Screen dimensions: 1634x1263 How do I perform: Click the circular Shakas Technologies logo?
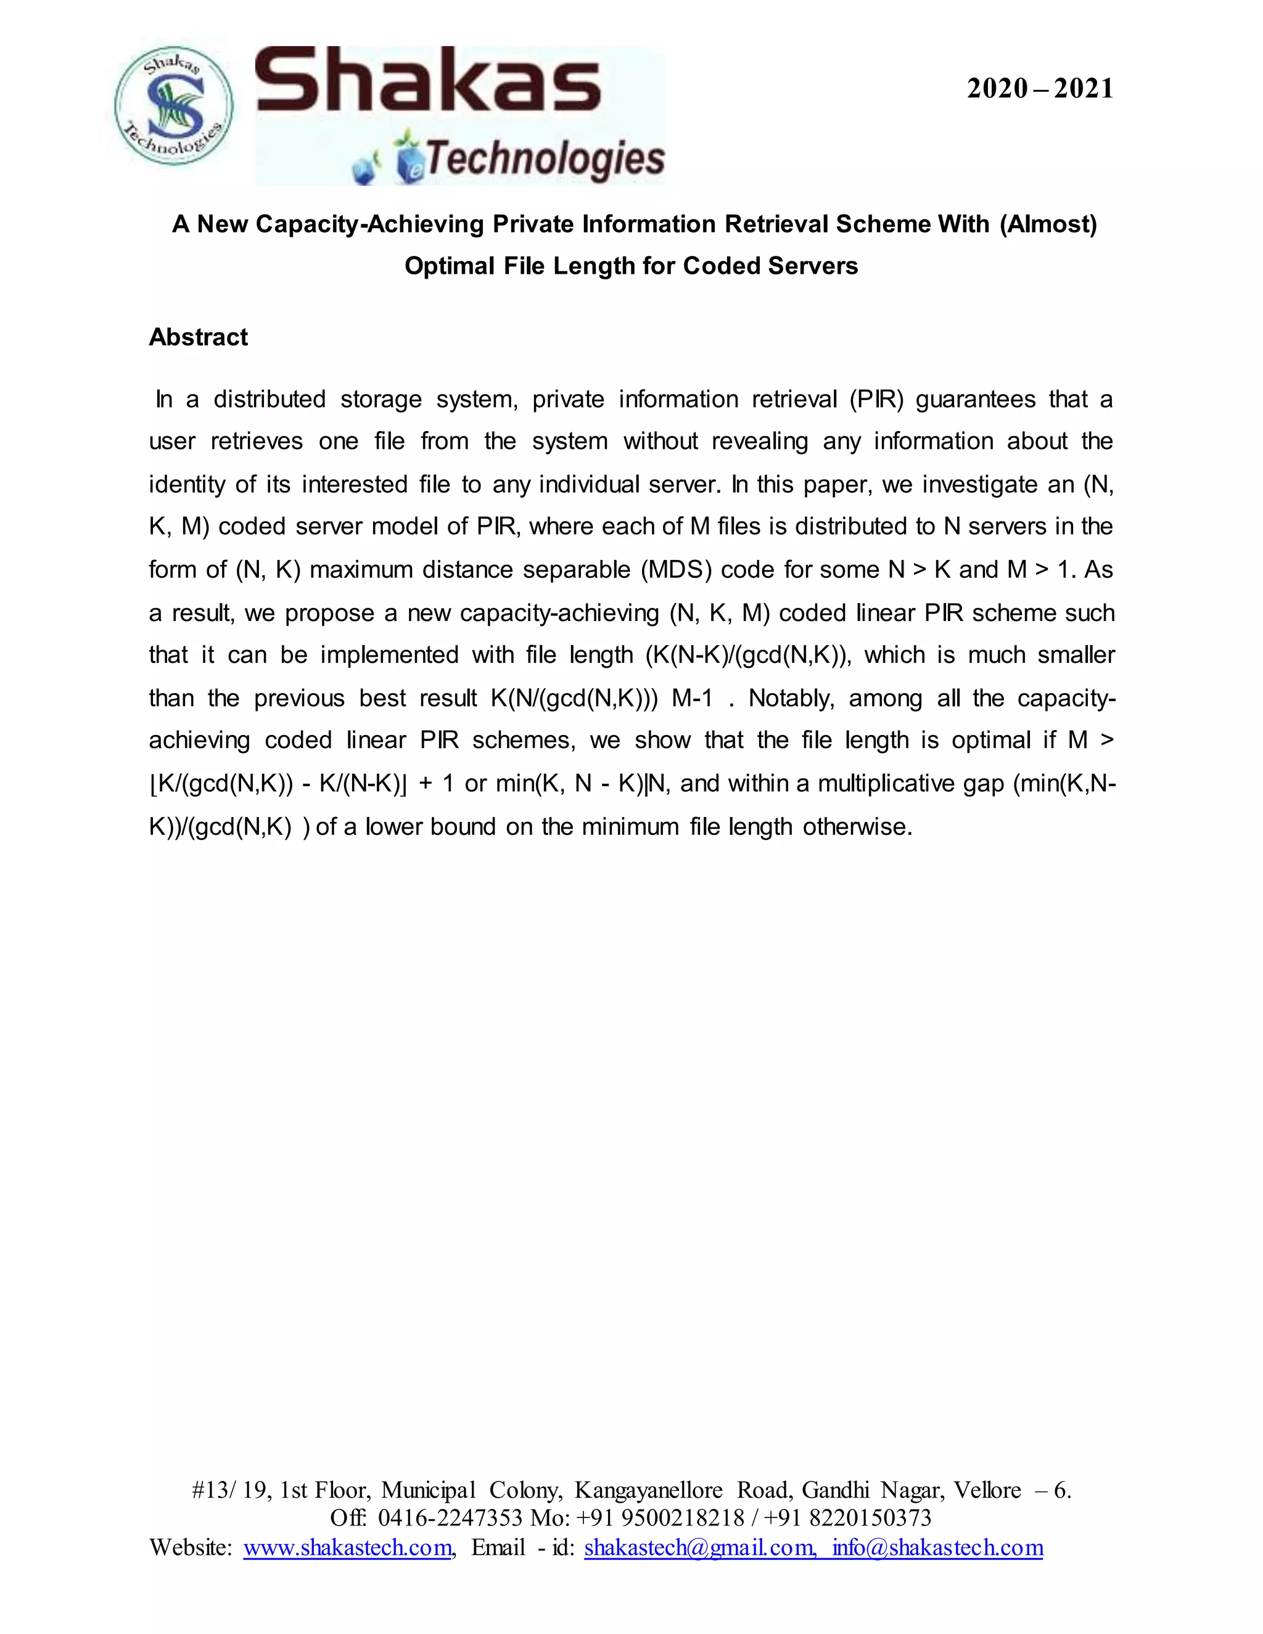(173, 106)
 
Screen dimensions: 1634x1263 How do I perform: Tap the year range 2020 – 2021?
(1039, 89)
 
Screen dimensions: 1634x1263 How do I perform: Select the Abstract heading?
(199, 337)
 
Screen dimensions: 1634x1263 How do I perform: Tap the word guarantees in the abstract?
(976, 400)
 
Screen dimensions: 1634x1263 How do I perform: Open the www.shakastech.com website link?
(348, 1547)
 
